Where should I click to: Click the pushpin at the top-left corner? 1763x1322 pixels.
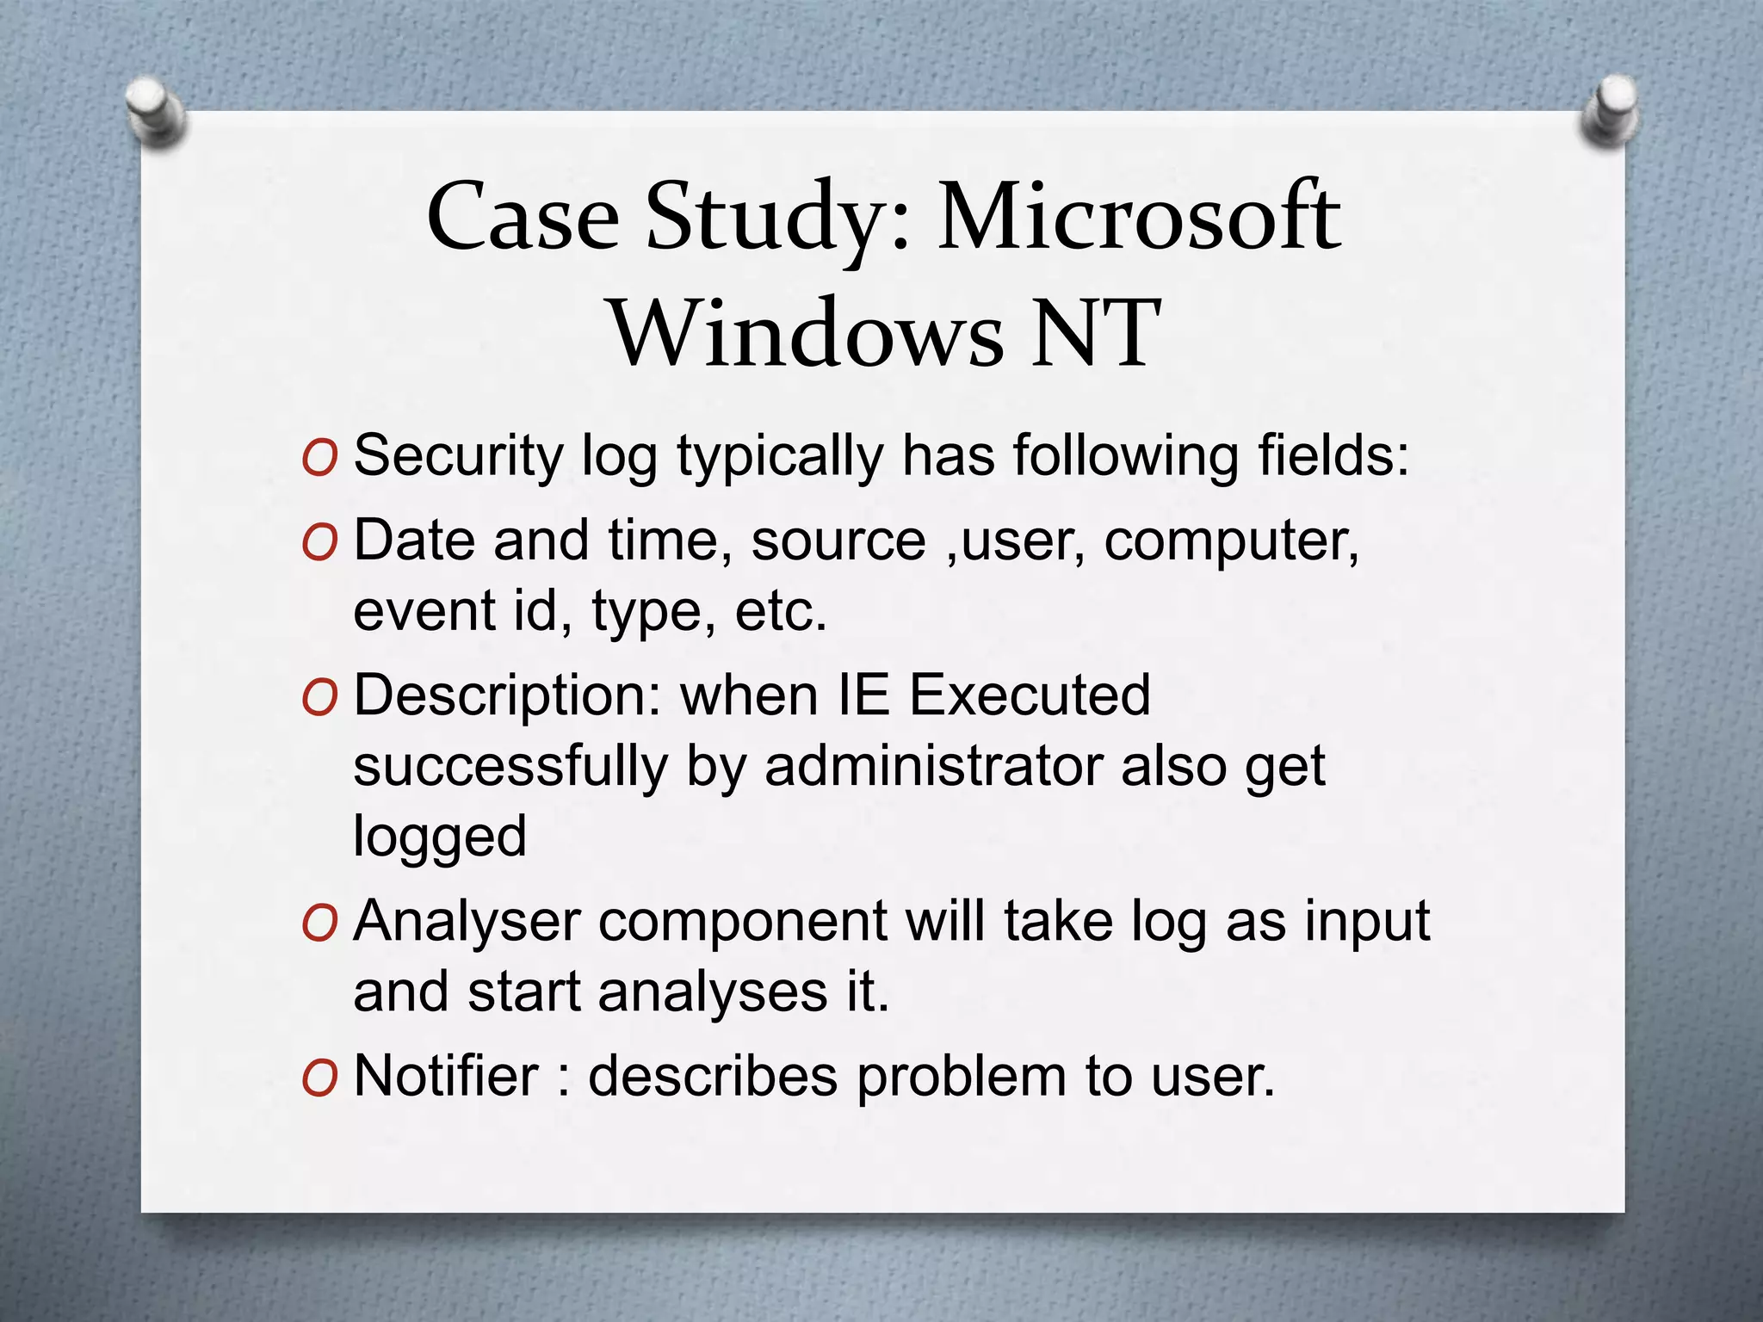point(155,111)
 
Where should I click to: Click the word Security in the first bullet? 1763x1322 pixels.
point(458,456)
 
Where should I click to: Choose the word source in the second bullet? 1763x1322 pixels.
point(838,541)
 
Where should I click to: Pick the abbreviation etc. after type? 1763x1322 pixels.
point(780,612)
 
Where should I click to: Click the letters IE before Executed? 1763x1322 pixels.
point(863,695)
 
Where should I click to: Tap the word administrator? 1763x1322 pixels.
point(933,766)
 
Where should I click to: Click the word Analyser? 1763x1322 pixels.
point(467,922)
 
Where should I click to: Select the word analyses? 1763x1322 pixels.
point(713,992)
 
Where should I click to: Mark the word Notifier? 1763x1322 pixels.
point(446,1076)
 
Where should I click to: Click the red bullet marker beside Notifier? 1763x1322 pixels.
point(319,1078)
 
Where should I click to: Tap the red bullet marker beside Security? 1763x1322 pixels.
point(319,458)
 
